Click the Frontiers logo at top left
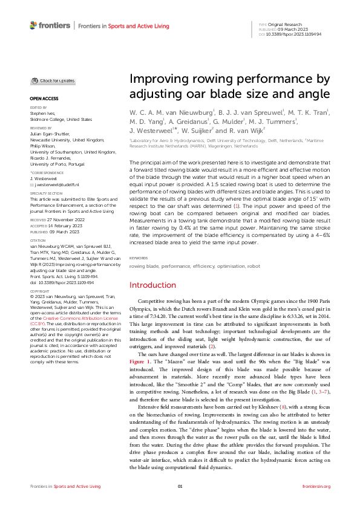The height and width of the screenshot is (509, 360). point(50,25)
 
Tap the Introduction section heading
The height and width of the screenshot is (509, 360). point(152,285)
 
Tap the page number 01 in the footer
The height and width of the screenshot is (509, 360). point(180,486)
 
